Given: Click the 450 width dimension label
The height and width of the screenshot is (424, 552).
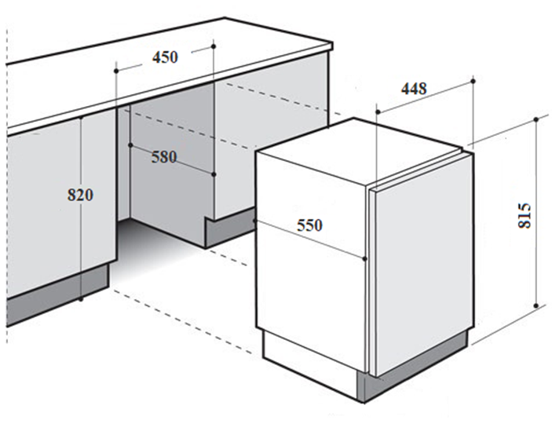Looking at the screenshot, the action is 165,57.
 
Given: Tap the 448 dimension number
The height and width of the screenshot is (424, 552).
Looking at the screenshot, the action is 414,89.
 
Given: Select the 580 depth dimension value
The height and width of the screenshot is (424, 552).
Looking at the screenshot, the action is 164,157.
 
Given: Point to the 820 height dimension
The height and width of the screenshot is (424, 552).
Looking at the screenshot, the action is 81,195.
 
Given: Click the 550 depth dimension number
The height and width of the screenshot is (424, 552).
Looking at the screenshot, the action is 309,225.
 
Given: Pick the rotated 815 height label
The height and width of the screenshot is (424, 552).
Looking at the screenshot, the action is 525,215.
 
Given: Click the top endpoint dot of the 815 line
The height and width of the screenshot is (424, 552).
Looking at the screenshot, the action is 536,119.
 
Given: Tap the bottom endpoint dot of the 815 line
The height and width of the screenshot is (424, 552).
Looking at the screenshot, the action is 536,305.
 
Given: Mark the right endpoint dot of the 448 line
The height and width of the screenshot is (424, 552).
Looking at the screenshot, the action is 473,82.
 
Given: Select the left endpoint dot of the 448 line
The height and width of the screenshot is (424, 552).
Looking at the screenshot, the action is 378,112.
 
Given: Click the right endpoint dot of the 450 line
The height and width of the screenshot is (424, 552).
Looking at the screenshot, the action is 214,46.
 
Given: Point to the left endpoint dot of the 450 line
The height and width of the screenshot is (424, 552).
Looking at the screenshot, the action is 116,71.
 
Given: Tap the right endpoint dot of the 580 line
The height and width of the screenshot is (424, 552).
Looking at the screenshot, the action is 214,174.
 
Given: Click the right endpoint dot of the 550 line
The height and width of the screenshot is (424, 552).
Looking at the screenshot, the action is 364,259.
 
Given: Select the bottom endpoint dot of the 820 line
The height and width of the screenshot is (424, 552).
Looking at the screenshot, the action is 81,299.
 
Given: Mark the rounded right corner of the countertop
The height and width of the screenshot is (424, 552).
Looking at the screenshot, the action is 331,46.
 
